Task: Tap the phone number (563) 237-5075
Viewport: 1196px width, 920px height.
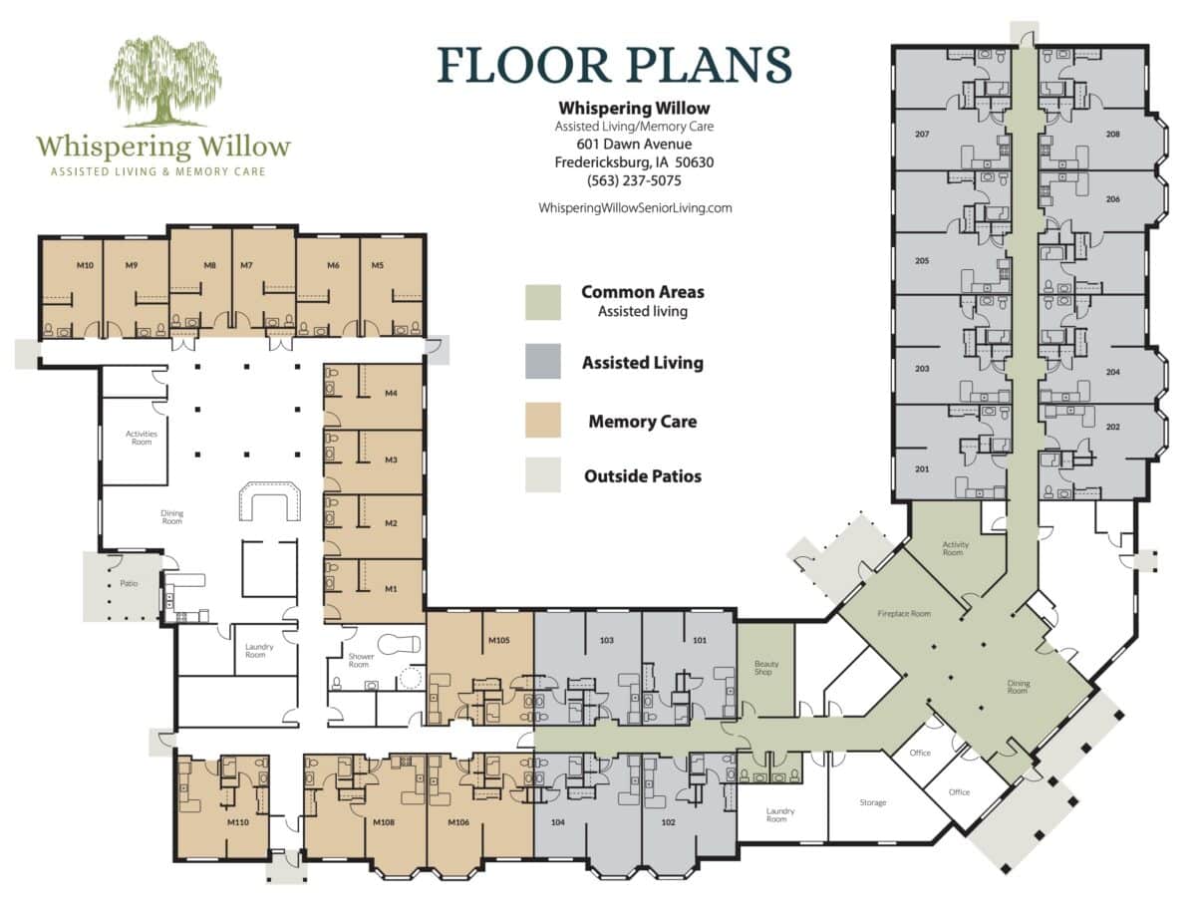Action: point(634,181)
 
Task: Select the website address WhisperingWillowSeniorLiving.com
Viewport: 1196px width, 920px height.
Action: point(635,207)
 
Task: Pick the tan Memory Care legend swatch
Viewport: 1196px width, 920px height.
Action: point(543,420)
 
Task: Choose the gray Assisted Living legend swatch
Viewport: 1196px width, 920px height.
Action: point(543,362)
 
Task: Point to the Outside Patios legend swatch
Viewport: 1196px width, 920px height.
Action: point(543,475)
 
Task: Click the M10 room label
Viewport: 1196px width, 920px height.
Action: point(86,265)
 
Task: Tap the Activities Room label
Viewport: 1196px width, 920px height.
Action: point(142,438)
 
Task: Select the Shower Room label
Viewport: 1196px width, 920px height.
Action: point(361,660)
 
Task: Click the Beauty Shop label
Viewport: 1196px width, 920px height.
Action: point(763,668)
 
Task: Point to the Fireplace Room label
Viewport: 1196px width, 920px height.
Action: point(904,614)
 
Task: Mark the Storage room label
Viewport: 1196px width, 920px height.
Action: point(873,802)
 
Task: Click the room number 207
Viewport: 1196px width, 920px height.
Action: point(922,134)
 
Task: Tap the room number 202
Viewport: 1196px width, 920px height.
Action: point(1113,428)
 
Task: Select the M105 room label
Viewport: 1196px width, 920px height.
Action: point(499,640)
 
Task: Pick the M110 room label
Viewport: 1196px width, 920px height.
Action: point(237,823)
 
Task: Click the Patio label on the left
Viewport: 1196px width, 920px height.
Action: point(128,583)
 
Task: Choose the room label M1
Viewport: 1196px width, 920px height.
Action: point(391,589)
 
